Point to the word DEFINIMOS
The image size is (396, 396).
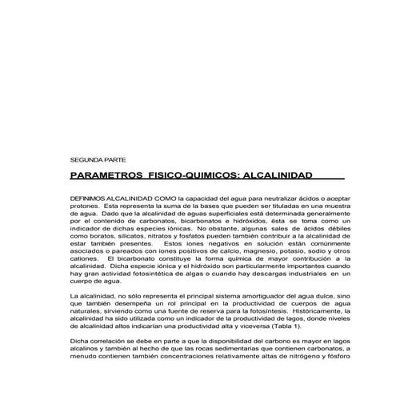point(91,197)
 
